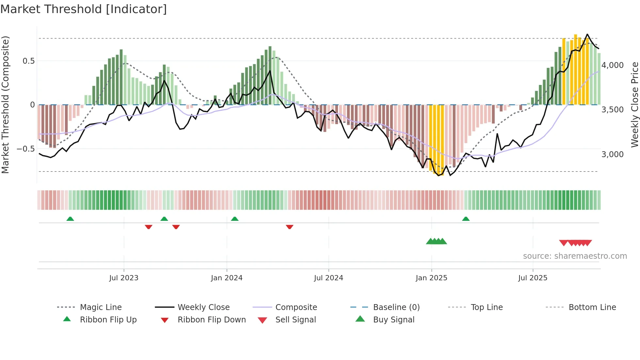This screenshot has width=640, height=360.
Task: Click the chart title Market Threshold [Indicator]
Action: pos(84,9)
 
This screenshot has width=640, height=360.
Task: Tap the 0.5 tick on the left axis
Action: pos(28,61)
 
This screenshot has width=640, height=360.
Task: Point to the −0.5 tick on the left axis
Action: pos(25,149)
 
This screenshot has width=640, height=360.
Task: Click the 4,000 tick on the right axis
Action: pos(613,65)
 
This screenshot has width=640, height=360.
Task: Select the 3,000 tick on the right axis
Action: pos(613,154)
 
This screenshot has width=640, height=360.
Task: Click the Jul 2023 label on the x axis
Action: pos(124,278)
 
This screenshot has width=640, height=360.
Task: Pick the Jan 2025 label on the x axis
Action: pos(431,278)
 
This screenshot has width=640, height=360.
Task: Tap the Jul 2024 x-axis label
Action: pos(328,278)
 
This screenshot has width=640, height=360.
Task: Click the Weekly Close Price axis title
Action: pos(634,105)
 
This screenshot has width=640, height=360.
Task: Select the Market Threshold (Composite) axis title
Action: pos(5,105)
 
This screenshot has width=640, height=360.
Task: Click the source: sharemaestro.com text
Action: pos(575,256)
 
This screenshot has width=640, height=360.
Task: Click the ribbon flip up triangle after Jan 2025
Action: pos(466,219)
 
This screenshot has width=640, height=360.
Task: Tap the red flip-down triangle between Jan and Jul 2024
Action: pos(289,227)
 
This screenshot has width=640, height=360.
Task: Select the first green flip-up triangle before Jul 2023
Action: pos(70,219)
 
